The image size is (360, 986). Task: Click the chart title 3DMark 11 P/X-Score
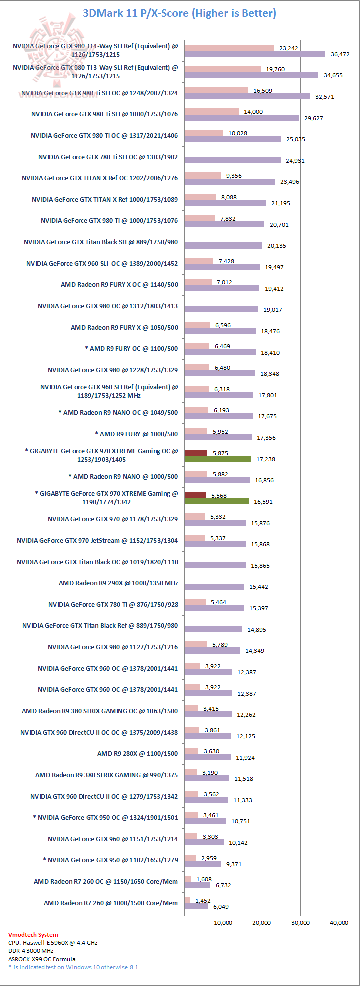click(179, 13)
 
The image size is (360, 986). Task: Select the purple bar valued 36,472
click(255, 54)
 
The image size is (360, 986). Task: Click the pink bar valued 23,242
click(229, 48)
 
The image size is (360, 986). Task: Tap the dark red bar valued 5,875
click(196, 453)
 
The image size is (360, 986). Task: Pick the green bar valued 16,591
click(216, 501)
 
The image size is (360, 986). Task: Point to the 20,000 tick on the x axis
click(262, 923)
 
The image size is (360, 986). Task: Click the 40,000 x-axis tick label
click(339, 923)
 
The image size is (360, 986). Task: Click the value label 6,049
click(221, 906)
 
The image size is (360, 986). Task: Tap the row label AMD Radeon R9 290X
click(118, 583)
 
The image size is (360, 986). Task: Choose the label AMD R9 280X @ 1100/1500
click(137, 753)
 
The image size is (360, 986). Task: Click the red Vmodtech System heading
click(33, 935)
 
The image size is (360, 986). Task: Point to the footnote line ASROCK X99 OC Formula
click(42, 959)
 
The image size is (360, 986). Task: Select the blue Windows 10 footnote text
click(73, 967)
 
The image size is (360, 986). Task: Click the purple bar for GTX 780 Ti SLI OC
click(232, 160)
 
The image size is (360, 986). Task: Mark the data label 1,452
click(204, 900)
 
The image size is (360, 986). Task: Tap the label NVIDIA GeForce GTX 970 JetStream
click(97, 540)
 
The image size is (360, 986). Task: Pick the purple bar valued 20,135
click(223, 245)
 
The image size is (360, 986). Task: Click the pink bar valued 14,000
click(211, 112)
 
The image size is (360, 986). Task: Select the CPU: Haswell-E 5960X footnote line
click(53, 943)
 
